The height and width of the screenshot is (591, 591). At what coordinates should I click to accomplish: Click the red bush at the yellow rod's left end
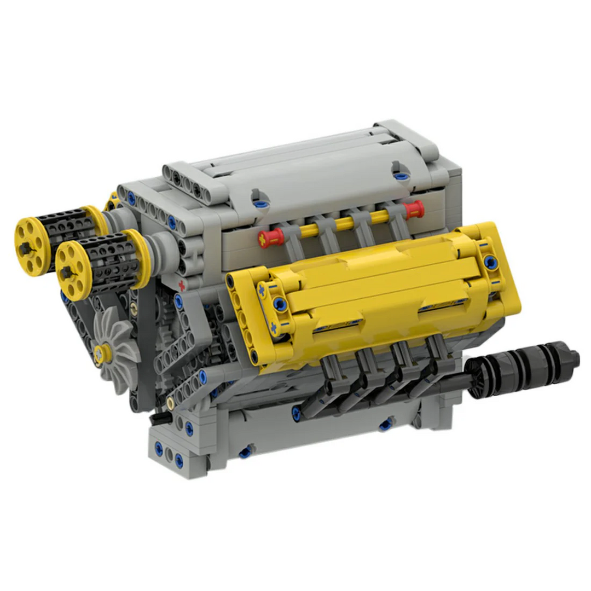[x=271, y=238]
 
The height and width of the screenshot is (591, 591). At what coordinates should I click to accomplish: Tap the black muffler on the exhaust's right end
[x=525, y=364]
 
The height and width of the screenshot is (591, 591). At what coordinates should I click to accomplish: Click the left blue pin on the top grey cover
[x=257, y=200]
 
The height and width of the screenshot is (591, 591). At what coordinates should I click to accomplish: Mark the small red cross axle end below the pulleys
[x=182, y=285]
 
